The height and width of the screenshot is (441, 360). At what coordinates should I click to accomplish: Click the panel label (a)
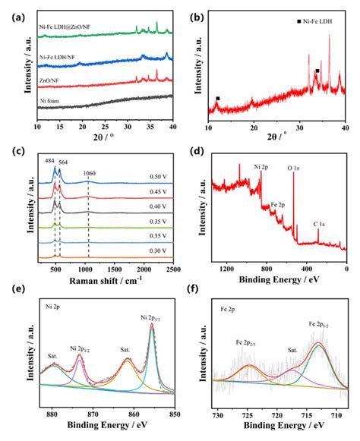pyautogui.click(x=13, y=11)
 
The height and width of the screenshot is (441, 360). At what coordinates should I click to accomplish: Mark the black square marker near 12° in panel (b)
pyautogui.click(x=218, y=99)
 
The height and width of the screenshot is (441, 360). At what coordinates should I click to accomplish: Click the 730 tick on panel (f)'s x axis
pyautogui.click(x=219, y=415)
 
